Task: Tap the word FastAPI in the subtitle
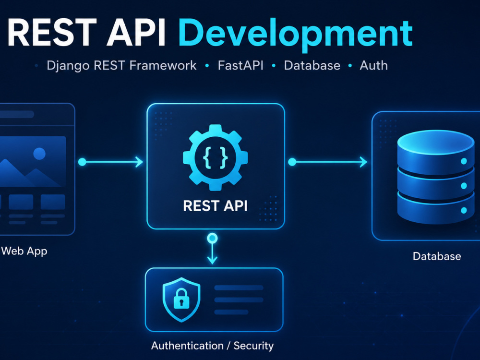[240, 65]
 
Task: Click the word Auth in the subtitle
[374, 65]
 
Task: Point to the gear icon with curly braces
[215, 157]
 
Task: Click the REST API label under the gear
[215, 206]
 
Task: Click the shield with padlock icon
[181, 300]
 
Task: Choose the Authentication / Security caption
[213, 346]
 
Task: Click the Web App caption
[24, 252]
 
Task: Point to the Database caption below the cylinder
[437, 256]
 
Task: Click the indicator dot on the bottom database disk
[464, 210]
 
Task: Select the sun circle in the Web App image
[39, 154]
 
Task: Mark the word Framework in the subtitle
[163, 65]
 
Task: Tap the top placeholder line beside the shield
[239, 288]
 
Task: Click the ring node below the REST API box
[213, 238]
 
